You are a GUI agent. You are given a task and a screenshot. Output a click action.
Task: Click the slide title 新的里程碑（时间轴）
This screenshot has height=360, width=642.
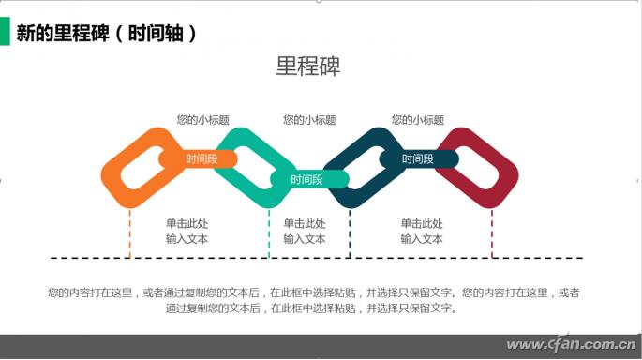pos(108,34)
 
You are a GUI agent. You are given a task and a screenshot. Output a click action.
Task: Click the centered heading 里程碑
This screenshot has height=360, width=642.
pos(307,67)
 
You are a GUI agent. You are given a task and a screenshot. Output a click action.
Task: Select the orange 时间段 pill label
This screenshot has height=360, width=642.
pos(202,159)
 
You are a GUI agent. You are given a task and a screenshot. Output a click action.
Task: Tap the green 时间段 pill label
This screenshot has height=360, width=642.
pos(306,179)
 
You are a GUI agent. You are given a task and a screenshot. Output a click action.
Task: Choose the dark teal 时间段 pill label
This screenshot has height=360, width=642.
pos(418,159)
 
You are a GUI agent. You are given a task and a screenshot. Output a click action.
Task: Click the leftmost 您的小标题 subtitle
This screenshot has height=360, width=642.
pos(202,120)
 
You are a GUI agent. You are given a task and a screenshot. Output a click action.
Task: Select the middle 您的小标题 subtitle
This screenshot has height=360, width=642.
pos(309,120)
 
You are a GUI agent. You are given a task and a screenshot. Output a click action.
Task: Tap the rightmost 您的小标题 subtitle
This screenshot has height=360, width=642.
pos(417,120)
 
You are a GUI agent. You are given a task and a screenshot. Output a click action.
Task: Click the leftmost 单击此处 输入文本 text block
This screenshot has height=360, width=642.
pos(187,232)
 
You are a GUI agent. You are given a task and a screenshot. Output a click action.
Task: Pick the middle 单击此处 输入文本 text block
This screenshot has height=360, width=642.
pos(305,232)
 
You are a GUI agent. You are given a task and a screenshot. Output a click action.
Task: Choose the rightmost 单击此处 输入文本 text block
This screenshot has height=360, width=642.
pos(422,232)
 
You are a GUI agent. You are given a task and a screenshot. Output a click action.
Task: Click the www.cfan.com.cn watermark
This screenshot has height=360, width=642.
pos(572,344)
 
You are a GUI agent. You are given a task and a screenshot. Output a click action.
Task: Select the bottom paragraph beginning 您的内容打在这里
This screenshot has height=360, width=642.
pos(314,300)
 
